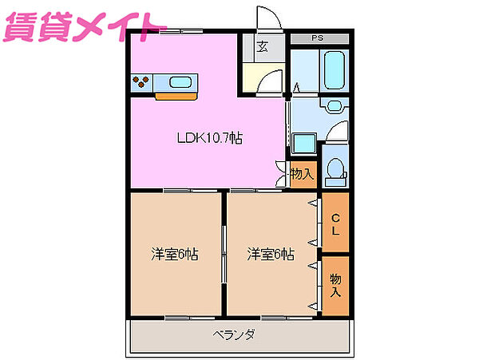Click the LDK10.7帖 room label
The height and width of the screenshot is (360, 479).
pos(210,137)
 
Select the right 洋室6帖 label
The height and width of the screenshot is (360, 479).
pos(271,255)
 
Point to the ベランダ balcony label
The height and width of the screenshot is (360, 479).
pos(234,334)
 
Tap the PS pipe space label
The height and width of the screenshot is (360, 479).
pos(319,38)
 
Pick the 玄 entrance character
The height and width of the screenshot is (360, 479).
pos(262,45)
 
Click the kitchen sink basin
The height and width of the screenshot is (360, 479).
pos(180,81)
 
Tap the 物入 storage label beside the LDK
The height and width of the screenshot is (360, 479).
pos(302,172)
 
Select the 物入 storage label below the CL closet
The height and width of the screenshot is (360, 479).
pos(336,285)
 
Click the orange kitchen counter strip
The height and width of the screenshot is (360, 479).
pos(176,95)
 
